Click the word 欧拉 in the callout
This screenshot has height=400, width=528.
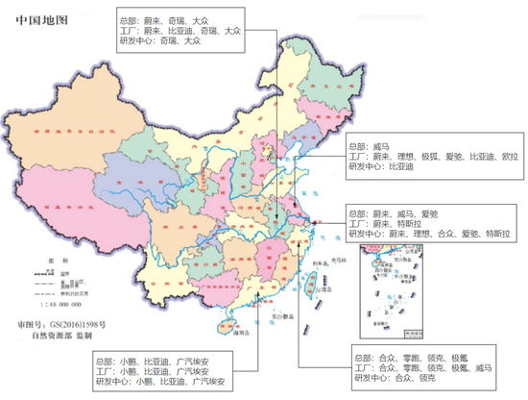[507, 157]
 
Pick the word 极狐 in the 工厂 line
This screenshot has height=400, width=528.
[427, 157]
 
